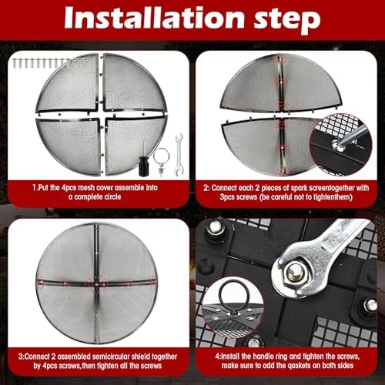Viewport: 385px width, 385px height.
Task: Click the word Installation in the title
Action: point(154,18)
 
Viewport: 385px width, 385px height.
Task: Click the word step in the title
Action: point(287,20)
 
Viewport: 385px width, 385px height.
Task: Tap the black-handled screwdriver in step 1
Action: point(144,160)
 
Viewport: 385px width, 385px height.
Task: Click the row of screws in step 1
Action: point(50,63)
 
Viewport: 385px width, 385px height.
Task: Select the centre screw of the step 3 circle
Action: point(96,284)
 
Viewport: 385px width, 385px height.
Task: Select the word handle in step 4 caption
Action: point(263,357)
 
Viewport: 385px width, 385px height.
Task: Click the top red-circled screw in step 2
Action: point(280,59)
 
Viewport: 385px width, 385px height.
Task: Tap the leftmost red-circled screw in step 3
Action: point(40,282)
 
